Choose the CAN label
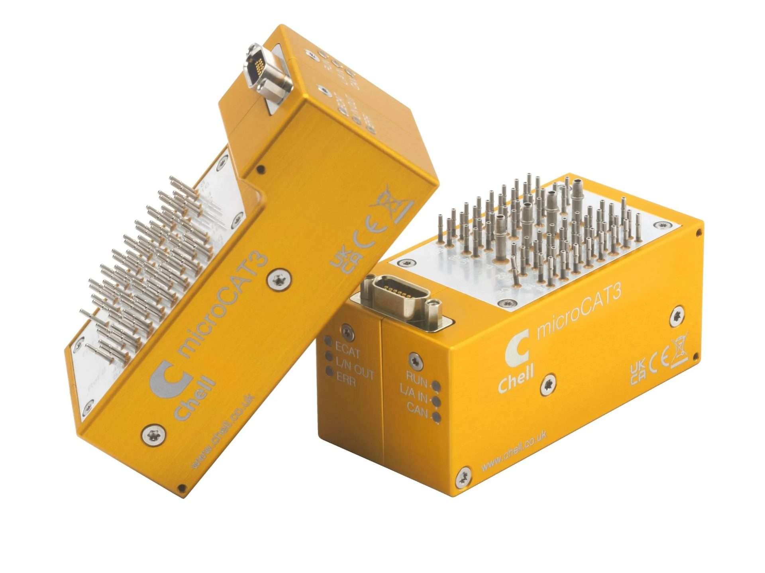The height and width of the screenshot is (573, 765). coord(417,410)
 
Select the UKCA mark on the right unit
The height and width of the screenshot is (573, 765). coord(638,372)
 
